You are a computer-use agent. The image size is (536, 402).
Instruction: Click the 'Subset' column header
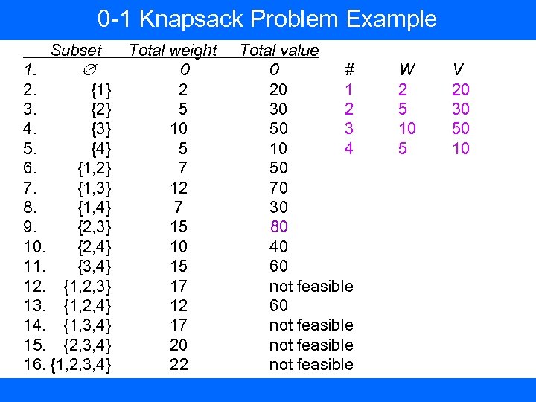point(76,51)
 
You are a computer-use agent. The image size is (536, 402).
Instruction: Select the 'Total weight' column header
point(173,51)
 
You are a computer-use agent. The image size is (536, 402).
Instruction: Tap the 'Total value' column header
point(279,51)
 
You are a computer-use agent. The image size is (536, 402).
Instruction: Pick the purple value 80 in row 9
point(278,226)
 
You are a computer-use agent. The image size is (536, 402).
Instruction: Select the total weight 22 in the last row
point(179,364)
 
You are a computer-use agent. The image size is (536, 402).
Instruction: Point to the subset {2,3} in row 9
point(95,226)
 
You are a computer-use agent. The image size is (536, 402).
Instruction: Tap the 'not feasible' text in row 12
point(310,286)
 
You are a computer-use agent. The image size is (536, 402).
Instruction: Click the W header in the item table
point(406,71)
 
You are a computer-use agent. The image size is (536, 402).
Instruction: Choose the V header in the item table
point(459,71)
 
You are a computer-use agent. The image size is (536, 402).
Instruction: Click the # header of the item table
point(348,71)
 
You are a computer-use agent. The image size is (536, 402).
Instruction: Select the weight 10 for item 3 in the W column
point(406,129)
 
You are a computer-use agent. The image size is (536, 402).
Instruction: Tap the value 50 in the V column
point(461,129)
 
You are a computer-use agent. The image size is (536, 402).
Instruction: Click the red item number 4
point(348,149)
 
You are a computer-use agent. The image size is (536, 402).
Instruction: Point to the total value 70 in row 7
point(278,187)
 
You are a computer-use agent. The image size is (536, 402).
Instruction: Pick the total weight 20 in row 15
point(179,345)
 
